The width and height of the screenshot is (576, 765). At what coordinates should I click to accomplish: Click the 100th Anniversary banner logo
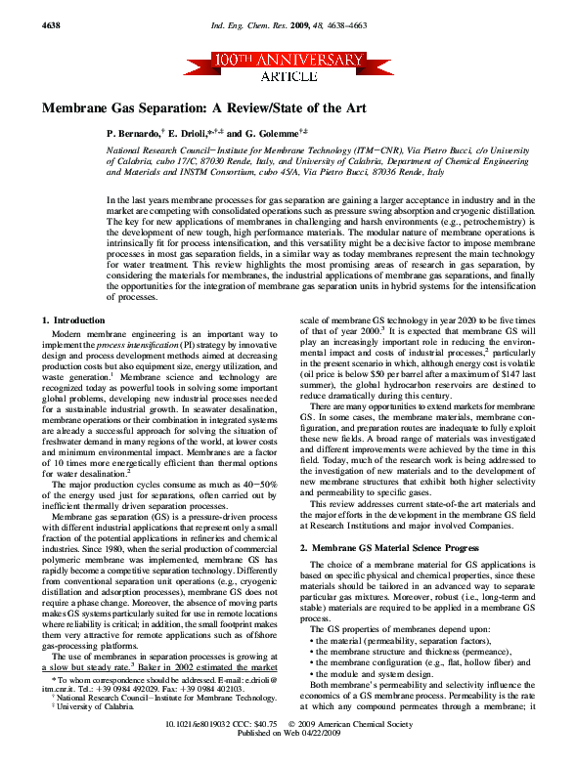[288, 65]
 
